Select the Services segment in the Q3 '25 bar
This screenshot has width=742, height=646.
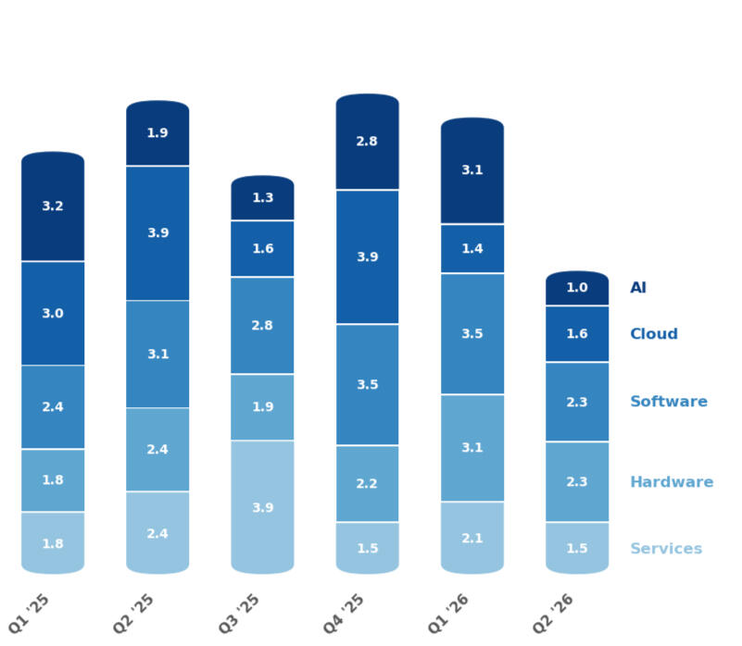point(262,507)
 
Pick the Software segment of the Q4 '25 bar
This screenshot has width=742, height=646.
point(367,384)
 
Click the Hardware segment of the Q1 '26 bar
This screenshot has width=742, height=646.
point(472,448)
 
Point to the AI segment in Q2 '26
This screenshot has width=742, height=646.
point(576,288)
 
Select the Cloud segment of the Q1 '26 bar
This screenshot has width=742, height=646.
point(472,249)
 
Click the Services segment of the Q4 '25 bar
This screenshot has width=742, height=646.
point(367,548)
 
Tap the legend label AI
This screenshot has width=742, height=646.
point(638,288)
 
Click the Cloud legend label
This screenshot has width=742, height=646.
point(653,334)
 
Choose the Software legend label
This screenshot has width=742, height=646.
point(668,402)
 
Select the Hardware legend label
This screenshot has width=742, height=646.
point(671,482)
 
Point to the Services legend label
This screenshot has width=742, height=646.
point(665,549)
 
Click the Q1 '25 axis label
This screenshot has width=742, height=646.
point(30,613)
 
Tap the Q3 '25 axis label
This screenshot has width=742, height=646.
point(239,613)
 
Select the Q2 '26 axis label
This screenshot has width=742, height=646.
point(554,613)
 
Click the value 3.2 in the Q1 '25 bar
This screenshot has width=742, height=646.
point(53,206)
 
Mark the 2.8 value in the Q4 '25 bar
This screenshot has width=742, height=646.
point(367,142)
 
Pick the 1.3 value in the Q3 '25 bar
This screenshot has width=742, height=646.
point(262,198)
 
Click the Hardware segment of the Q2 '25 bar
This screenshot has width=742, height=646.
point(157,450)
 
